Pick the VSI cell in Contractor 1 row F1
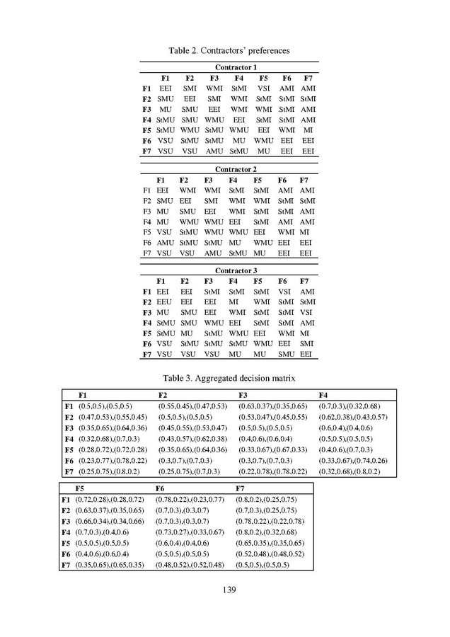pyautogui.click(x=263, y=88)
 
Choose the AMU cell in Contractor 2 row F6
pyautogui.click(x=164, y=242)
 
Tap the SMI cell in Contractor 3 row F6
pyautogui.click(x=306, y=343)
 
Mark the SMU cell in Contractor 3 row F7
pyautogui.click(x=286, y=354)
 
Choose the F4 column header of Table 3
pyautogui.click(x=323, y=395)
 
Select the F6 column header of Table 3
pyautogui.click(x=161, y=488)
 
